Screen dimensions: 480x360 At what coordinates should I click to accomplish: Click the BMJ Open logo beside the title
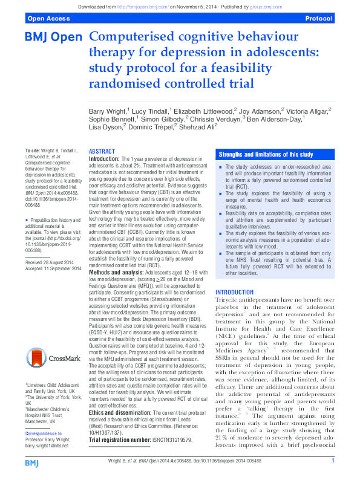[x=53, y=37]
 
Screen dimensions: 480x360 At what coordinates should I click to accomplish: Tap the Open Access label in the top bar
[x=47, y=19]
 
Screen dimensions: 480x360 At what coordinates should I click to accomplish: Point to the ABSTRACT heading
[x=102, y=151]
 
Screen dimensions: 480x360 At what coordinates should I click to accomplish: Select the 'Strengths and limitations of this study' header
[x=266, y=155]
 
